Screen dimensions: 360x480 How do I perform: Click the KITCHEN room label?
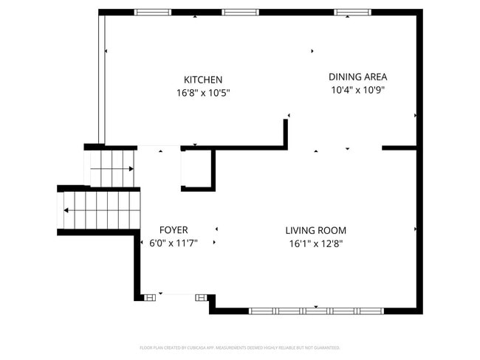coord(203,80)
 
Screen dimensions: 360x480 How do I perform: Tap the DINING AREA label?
coord(357,77)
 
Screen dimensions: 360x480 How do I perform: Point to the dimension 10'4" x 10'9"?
coord(357,90)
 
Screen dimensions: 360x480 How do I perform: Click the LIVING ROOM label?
coord(315,230)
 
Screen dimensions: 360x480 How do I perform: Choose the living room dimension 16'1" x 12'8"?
coord(315,243)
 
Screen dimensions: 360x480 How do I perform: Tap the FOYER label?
coord(174,230)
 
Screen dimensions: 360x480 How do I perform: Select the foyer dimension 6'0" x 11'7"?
coord(174,243)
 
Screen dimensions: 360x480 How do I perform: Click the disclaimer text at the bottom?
coord(239,347)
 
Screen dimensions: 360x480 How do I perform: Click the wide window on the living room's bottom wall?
coord(315,311)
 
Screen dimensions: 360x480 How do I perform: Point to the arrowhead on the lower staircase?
coord(66,210)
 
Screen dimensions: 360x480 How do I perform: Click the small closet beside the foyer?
coord(196,169)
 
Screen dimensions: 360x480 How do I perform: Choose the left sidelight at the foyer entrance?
coord(149,297)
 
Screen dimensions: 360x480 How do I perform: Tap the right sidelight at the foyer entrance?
coord(201,297)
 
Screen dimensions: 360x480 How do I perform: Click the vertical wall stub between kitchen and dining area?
coord(285,134)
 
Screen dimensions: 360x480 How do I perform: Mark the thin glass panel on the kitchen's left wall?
coord(102,77)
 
